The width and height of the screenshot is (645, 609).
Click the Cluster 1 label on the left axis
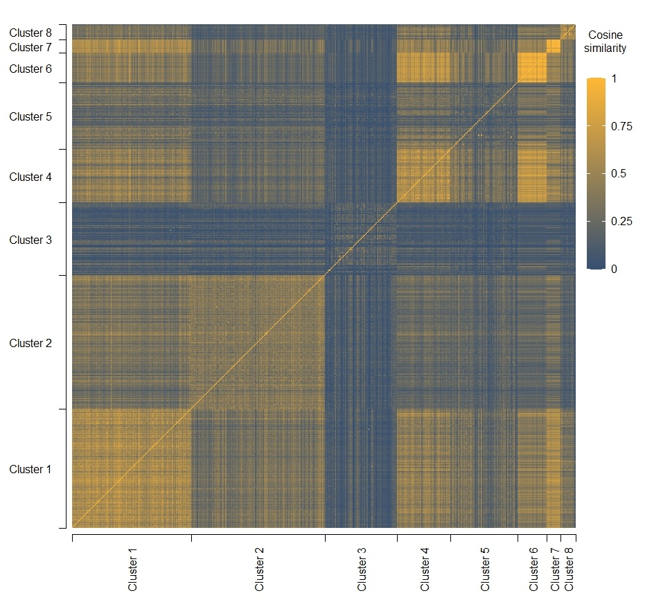(30, 470)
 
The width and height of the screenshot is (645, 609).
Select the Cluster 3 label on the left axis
(30, 240)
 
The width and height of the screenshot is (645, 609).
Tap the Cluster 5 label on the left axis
(30, 117)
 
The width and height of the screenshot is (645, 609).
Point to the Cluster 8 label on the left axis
(30, 33)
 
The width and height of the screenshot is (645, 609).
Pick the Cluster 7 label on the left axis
(30, 47)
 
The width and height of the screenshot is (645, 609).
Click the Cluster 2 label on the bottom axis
(260, 569)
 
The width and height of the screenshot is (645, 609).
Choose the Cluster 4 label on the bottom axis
(425, 569)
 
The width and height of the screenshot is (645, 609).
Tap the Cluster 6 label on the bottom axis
(533, 569)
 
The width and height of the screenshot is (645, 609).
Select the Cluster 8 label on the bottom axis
(569, 569)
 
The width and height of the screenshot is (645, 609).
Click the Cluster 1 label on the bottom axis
(132, 569)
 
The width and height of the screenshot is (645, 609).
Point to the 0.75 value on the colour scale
(603, 127)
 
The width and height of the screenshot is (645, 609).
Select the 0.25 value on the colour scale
(603, 222)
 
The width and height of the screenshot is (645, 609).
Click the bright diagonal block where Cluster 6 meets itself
(532, 68)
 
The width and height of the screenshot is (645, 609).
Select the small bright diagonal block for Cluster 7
(554, 46)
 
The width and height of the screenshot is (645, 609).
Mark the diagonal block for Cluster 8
(568, 32)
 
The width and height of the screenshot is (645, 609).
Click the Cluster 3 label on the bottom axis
(362, 569)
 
